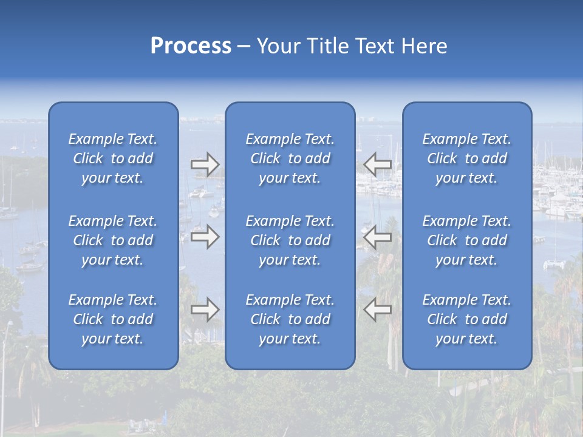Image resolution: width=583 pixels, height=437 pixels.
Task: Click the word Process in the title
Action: click(x=191, y=46)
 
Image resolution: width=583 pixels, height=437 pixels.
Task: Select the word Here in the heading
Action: click(x=424, y=46)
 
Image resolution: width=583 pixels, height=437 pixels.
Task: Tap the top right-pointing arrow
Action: click(x=205, y=164)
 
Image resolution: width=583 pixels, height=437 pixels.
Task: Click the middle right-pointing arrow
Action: click(x=205, y=237)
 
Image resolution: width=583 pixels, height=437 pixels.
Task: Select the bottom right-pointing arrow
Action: click(x=205, y=310)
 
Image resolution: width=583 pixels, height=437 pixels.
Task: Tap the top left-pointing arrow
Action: click(x=377, y=164)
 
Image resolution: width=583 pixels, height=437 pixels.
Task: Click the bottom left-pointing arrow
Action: click(x=377, y=310)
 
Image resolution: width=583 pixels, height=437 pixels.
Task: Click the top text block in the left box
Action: click(x=113, y=158)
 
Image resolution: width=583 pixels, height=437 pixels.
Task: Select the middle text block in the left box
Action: click(x=113, y=240)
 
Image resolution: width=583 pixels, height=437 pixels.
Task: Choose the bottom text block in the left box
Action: click(x=113, y=319)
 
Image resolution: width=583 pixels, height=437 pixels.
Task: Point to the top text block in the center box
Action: click(x=290, y=158)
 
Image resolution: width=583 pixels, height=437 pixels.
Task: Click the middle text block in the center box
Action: click(x=290, y=240)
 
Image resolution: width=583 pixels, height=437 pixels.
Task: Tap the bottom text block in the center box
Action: click(x=290, y=319)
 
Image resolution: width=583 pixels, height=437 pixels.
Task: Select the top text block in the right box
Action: click(x=466, y=158)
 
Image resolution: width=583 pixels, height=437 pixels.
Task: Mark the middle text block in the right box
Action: click(x=466, y=240)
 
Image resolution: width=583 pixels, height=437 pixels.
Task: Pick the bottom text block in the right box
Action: click(x=466, y=319)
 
